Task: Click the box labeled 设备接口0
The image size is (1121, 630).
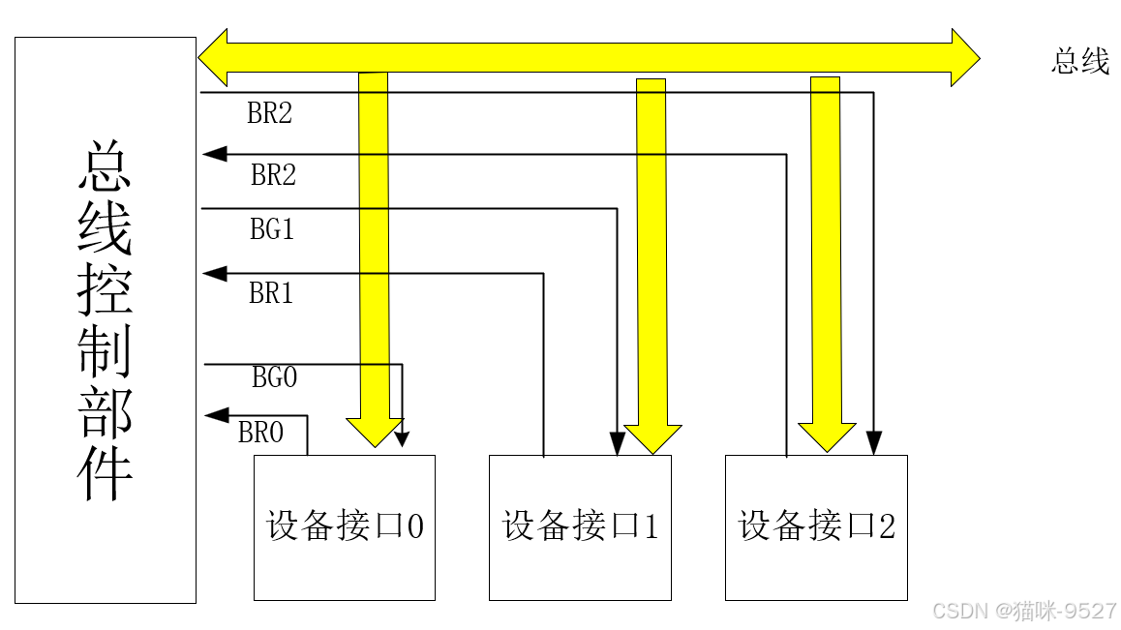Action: tap(344, 527)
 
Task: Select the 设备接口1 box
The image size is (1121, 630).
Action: tap(579, 527)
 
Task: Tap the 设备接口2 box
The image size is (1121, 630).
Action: tap(816, 527)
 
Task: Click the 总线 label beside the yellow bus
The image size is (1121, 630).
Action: tap(1080, 63)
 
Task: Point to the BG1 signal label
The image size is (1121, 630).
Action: tap(271, 230)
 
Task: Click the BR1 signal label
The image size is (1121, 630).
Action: tap(271, 293)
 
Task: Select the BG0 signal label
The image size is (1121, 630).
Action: tap(274, 377)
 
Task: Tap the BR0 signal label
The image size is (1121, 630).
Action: tap(260, 433)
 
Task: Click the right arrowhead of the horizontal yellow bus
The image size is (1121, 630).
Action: tap(964, 57)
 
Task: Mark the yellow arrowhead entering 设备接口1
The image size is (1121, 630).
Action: tap(651, 437)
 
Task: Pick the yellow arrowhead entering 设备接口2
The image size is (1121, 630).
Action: tap(826, 435)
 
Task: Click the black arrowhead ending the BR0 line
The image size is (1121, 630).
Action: tap(215, 415)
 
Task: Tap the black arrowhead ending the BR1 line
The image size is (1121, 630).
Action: tap(214, 274)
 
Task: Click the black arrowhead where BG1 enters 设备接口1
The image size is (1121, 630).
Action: tap(617, 444)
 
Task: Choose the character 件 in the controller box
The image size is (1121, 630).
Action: tap(105, 471)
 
